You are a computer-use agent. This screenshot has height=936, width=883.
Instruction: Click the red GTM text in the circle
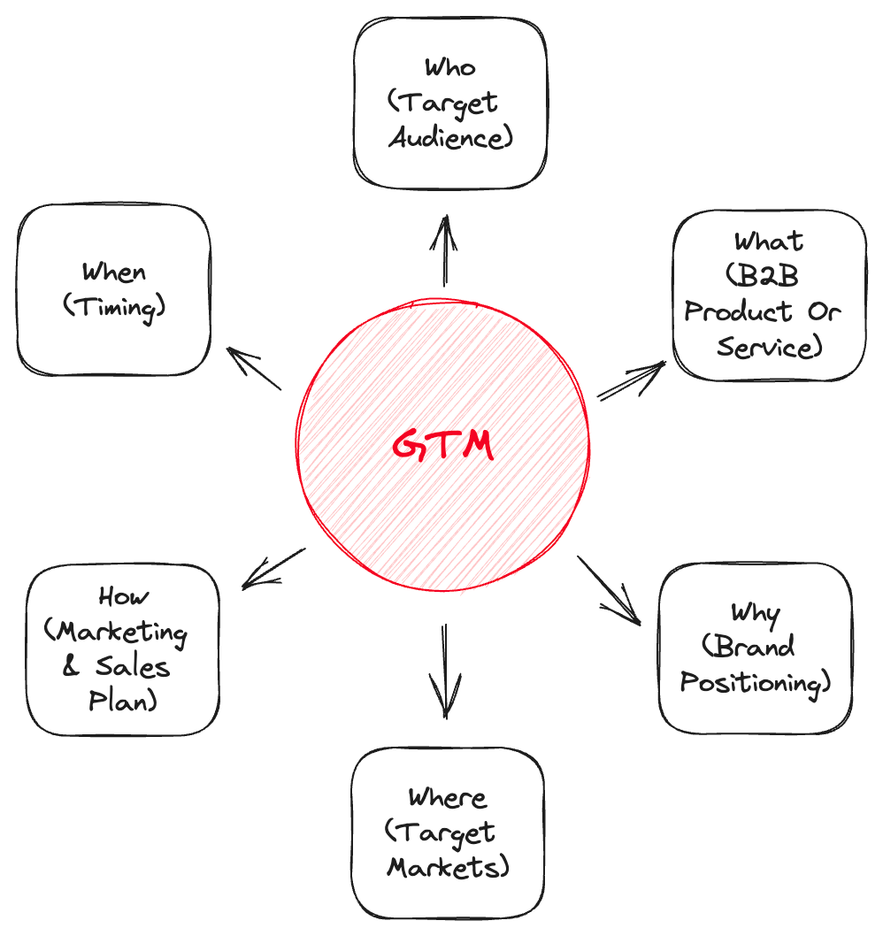coord(442,445)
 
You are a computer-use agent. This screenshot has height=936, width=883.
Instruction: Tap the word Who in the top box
coord(449,68)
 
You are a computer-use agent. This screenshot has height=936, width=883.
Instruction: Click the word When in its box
coord(113,272)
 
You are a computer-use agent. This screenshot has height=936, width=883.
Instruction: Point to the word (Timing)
coord(114,307)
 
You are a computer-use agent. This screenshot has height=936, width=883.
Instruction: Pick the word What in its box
coord(768,241)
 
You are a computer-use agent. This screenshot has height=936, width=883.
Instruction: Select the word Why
coord(754,612)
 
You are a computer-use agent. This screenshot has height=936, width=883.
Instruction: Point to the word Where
coord(447,797)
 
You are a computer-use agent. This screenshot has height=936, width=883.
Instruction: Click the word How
coord(124,597)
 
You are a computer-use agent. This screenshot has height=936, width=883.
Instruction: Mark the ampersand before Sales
coord(71,667)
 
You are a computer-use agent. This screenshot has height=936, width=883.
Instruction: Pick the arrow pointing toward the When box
coord(253,368)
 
